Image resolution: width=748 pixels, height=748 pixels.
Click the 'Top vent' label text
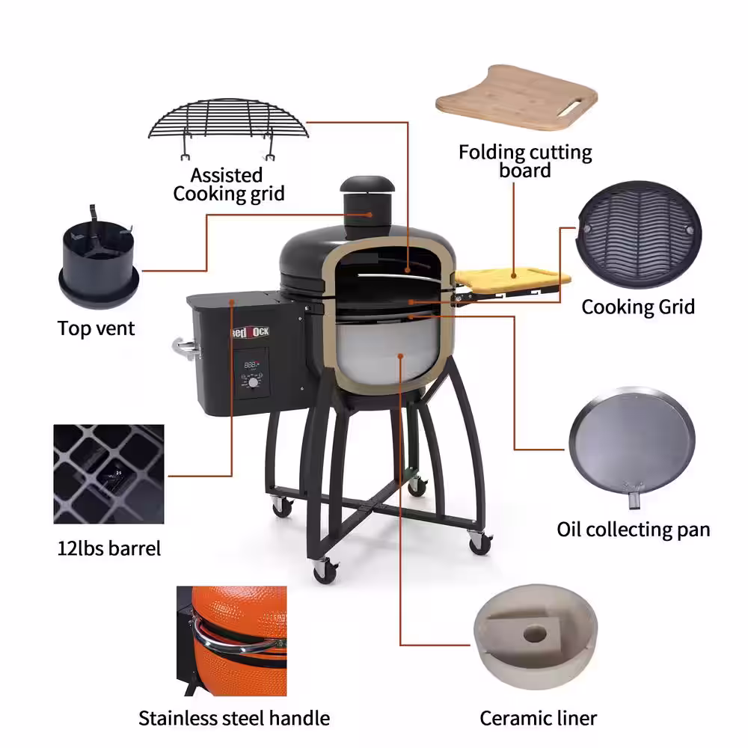pos(96,328)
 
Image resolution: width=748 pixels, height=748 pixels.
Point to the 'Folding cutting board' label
pos(525,162)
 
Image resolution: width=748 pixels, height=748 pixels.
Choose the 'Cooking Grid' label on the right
pos(638,307)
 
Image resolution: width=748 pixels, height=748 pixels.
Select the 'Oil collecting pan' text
pos(633,530)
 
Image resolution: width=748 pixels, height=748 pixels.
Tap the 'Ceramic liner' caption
pos(538,719)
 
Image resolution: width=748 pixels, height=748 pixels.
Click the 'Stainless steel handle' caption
pos(234,719)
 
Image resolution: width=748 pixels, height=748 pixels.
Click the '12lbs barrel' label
pos(109,548)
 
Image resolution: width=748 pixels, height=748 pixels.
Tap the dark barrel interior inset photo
pos(109,474)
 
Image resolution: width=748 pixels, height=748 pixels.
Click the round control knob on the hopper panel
pos(254,382)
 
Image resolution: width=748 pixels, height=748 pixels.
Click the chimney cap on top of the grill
pos(362,186)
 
